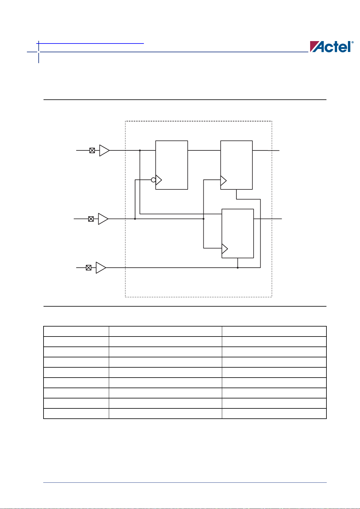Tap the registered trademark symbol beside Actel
click(x=352, y=42)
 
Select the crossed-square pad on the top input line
click(x=92, y=150)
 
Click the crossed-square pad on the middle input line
click(x=91, y=219)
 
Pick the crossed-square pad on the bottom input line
click(x=89, y=268)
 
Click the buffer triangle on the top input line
click(x=104, y=150)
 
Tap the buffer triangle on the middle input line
click(x=102, y=219)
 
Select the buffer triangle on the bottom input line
click(x=100, y=268)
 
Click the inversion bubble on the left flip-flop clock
click(x=154, y=180)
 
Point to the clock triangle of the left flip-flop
click(x=158, y=180)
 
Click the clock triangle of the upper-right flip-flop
click(x=223, y=180)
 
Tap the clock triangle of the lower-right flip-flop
click(x=225, y=249)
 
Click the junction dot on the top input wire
click(x=140, y=150)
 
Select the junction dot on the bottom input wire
click(x=238, y=268)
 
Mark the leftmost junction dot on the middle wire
click(x=135, y=219)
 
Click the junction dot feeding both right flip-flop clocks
click(x=203, y=219)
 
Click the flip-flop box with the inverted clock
click(x=172, y=165)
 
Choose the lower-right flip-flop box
click(x=238, y=234)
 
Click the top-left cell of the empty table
click(x=76, y=331)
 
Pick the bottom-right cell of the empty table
click(x=274, y=414)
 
